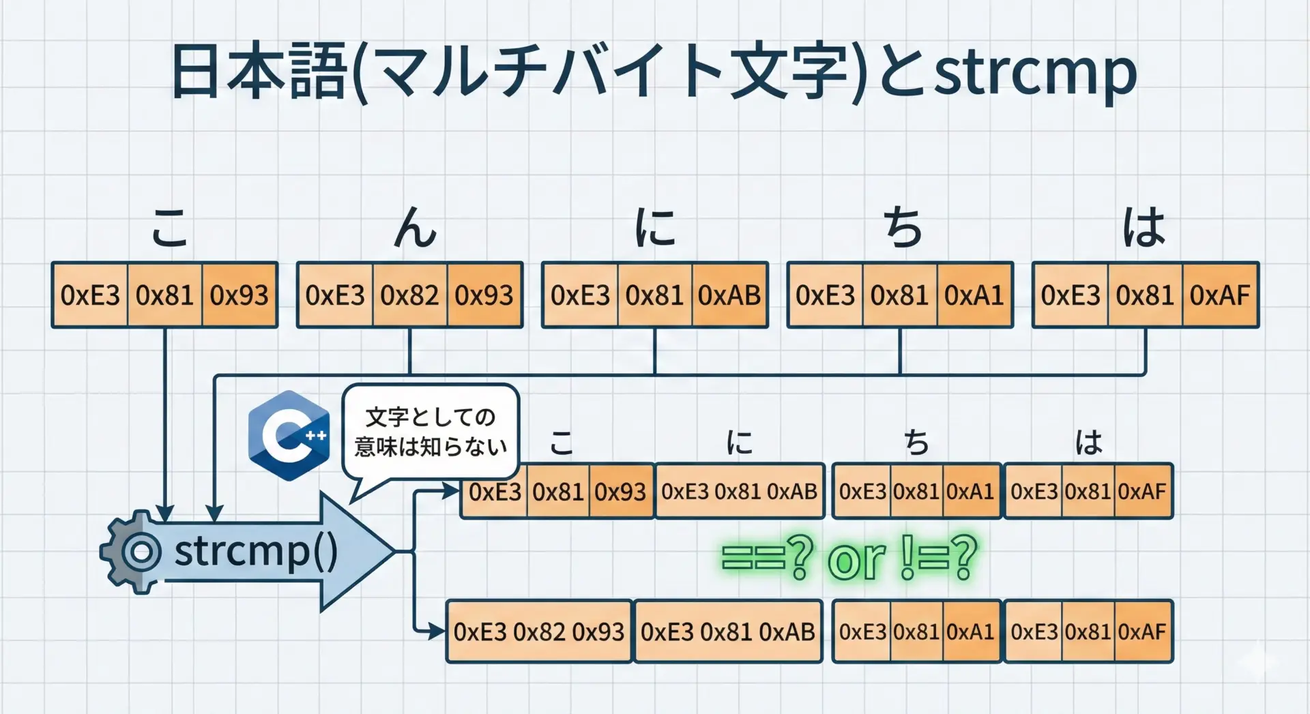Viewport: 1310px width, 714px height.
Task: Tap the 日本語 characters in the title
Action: [259, 72]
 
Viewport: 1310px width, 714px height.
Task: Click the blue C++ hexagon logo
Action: [289, 435]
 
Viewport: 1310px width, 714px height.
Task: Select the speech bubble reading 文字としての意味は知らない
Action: [431, 432]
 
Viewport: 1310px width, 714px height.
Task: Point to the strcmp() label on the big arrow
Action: [256, 551]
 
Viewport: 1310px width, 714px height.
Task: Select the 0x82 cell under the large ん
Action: [409, 295]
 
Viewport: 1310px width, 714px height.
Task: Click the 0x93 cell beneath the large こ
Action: [239, 295]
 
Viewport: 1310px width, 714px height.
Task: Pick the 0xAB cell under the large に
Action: [729, 295]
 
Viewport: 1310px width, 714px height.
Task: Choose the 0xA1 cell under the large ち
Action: [974, 295]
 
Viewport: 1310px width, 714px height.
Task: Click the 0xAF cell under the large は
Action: [1219, 295]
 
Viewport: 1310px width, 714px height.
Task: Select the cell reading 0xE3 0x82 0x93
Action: [539, 631]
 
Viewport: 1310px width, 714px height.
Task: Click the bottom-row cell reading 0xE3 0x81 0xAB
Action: [728, 631]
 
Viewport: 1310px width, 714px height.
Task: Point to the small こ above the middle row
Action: [562, 443]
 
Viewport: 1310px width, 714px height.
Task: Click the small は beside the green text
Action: [1088, 443]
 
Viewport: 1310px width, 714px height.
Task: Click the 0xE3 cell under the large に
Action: [580, 295]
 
